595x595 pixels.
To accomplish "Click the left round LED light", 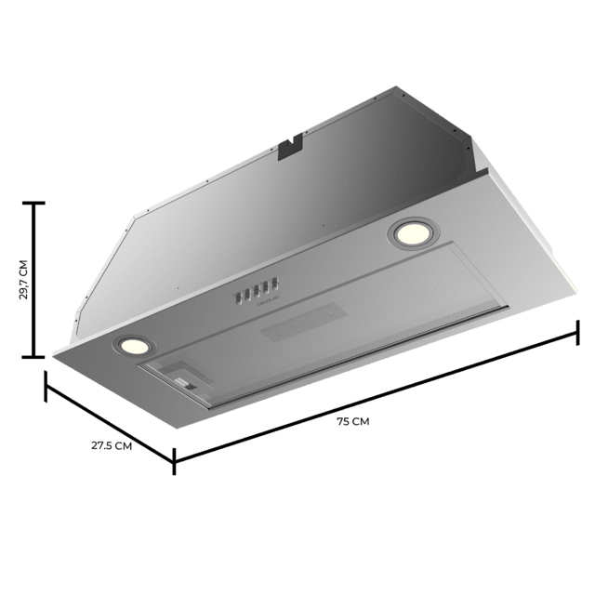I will (131, 345).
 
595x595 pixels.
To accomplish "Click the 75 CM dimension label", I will (352, 421).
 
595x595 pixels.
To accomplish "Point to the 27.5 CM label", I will (111, 445).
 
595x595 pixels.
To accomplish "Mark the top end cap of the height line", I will (36, 205).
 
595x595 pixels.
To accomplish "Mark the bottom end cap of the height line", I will (36, 355).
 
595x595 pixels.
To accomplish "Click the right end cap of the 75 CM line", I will (577, 331).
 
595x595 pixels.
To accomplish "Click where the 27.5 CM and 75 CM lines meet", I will (173, 457).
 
